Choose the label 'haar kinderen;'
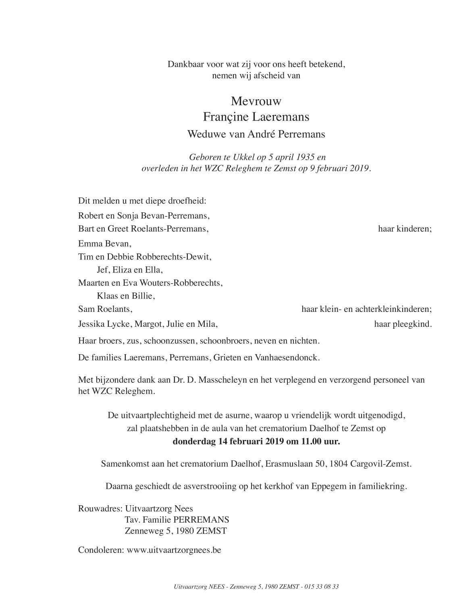point(404,229)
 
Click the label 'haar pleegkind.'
point(403,324)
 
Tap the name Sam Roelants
point(105,309)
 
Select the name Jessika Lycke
point(105,324)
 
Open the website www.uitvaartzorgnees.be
point(174,550)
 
